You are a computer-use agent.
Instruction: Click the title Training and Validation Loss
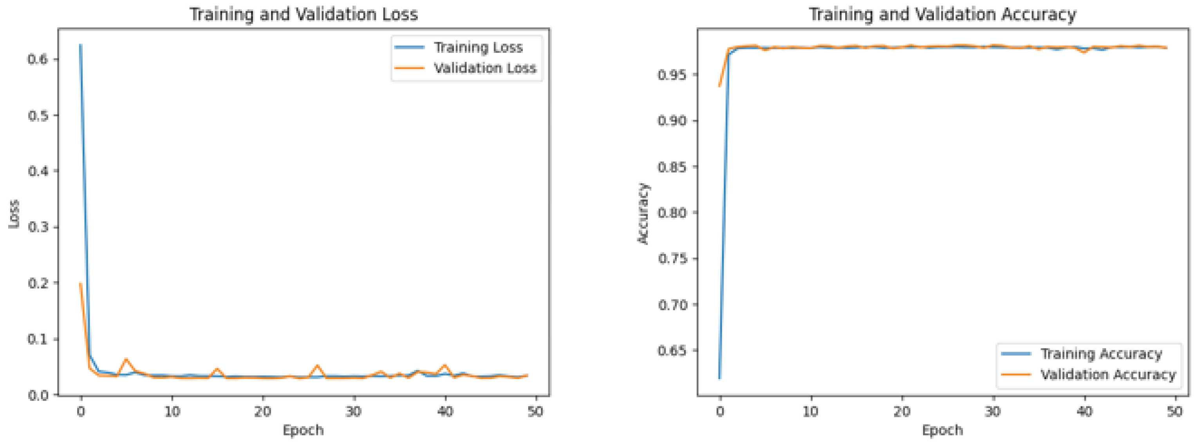pyautogui.click(x=304, y=14)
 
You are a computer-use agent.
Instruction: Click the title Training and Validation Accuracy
pyautogui.click(x=943, y=14)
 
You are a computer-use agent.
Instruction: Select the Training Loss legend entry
pyautogui.click(x=478, y=47)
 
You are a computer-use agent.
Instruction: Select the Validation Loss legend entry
pyautogui.click(x=485, y=68)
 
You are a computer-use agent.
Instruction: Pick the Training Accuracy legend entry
pyautogui.click(x=1101, y=354)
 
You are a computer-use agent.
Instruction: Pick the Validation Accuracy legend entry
pyautogui.click(x=1108, y=374)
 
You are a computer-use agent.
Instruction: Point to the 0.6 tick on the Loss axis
pyautogui.click(x=38, y=59)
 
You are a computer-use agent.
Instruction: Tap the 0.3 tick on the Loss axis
pyautogui.click(x=38, y=227)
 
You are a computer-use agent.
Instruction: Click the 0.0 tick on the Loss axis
pyautogui.click(x=38, y=395)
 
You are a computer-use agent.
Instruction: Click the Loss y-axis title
pyautogui.click(x=14, y=214)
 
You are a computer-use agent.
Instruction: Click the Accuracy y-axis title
pyautogui.click(x=643, y=213)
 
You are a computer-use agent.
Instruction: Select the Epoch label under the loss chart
pyautogui.click(x=303, y=430)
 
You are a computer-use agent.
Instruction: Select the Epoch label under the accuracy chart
pyautogui.click(x=943, y=430)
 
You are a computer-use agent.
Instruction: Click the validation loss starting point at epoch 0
pyautogui.click(x=81, y=283)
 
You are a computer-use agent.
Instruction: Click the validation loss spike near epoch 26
pyautogui.click(x=318, y=366)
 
